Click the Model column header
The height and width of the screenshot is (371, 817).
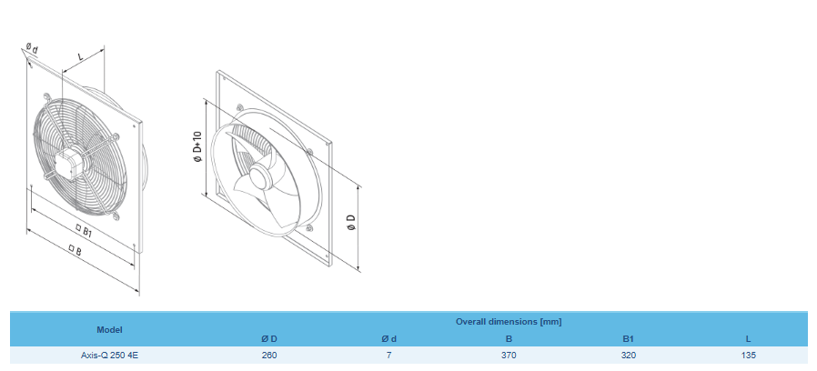coord(109,329)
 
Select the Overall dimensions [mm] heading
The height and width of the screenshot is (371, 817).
coord(508,322)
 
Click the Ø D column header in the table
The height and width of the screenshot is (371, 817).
coord(269,339)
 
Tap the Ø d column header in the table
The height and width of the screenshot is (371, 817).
coord(388,339)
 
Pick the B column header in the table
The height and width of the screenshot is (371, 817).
coord(509,339)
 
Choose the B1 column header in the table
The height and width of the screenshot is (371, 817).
coord(628,339)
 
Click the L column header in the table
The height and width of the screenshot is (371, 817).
coord(748,339)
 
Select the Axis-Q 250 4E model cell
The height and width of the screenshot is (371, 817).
coord(109,356)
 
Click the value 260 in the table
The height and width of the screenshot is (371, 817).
coord(269,356)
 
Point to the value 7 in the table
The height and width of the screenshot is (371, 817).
coord(388,356)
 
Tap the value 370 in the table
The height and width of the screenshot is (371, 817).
coord(509,356)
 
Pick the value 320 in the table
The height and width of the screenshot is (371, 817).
coord(628,356)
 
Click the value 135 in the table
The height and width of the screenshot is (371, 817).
coord(748,356)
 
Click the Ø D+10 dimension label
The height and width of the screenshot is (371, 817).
coord(197,148)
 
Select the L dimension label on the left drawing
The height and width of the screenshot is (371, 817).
coord(82,56)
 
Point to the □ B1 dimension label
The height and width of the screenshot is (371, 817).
coord(84,231)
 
